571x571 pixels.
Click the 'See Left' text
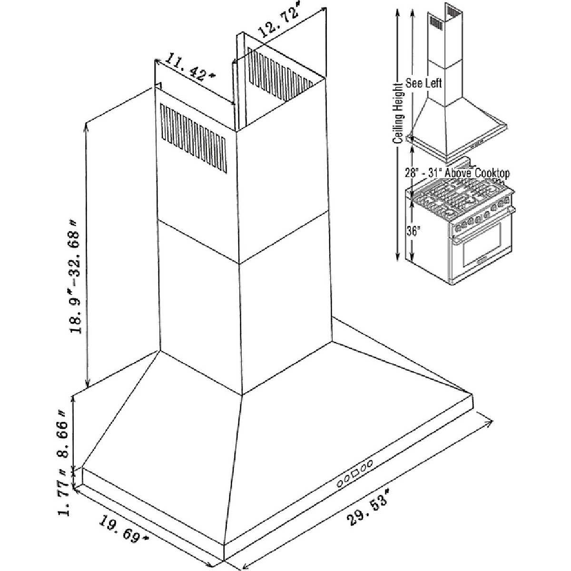(423, 83)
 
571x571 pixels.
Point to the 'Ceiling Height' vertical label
(399, 112)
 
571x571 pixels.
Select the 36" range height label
(413, 232)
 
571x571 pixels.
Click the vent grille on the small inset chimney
(436, 22)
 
